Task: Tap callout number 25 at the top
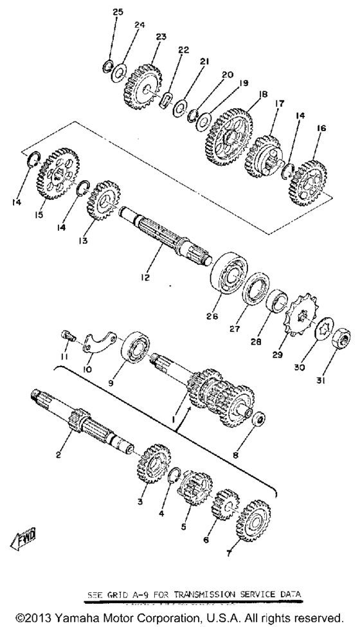click(x=116, y=12)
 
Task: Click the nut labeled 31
click(x=342, y=338)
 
